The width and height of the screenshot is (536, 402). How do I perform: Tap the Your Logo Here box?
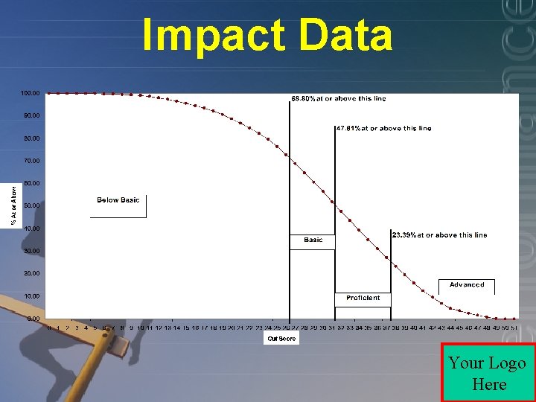point(488,373)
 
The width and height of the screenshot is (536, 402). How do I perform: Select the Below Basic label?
point(118,200)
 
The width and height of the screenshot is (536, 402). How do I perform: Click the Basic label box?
point(313,240)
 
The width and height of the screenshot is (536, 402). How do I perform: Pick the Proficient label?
point(363,298)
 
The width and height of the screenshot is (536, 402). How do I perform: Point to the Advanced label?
point(467,284)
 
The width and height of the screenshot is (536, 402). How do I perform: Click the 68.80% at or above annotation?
point(338,98)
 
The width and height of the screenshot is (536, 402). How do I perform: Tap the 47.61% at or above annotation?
point(383,128)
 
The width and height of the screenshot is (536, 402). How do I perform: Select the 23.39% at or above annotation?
point(439,234)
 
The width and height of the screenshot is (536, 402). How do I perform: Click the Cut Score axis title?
point(282,339)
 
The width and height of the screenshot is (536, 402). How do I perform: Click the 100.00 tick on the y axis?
point(31,93)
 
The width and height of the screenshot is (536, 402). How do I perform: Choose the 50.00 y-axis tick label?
point(31,205)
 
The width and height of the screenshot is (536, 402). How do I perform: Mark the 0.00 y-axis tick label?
point(33,319)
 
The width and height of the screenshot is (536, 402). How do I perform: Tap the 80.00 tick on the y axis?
point(31,138)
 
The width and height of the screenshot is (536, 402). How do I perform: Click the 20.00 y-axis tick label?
point(31,273)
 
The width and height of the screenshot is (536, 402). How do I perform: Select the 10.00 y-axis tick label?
point(31,296)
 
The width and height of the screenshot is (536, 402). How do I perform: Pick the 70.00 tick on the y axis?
point(31,161)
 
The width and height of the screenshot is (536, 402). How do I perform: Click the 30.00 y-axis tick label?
point(31,251)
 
